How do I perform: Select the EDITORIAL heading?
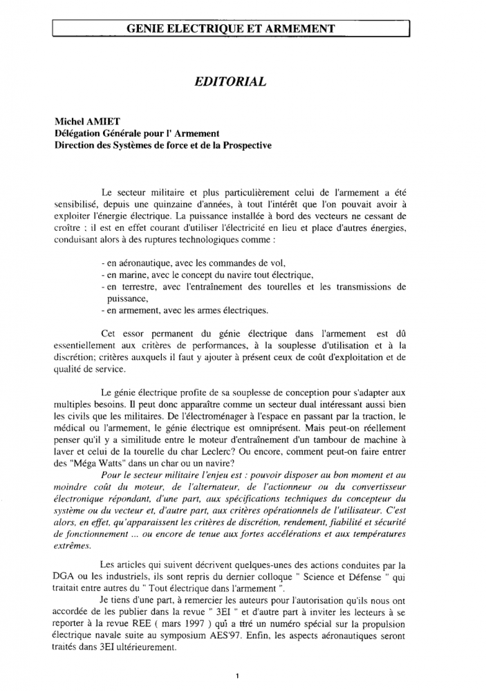pos(231,82)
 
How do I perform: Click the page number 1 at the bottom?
pos(236,676)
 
